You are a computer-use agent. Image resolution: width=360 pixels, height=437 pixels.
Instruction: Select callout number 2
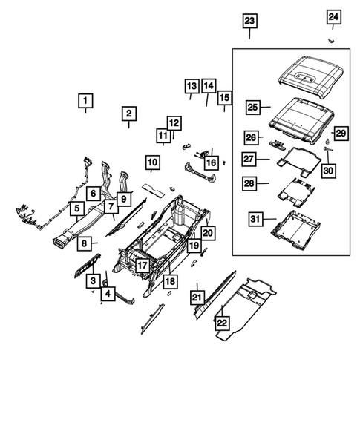tap(128, 114)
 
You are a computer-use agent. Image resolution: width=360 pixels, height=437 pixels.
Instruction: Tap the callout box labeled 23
tap(249, 21)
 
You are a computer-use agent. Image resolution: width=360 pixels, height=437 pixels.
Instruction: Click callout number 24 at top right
tap(333, 17)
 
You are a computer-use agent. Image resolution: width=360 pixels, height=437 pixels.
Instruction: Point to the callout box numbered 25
tap(252, 108)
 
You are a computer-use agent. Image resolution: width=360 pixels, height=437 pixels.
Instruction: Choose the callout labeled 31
tap(255, 218)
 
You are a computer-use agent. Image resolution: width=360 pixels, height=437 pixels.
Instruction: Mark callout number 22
tap(220, 321)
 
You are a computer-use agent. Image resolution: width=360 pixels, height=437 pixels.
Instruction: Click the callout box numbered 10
tap(151, 162)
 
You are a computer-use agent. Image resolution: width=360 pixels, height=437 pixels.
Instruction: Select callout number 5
tap(76, 208)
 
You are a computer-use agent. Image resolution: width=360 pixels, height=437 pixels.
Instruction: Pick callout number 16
tap(212, 162)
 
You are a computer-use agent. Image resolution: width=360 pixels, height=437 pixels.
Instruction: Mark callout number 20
tap(208, 232)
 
